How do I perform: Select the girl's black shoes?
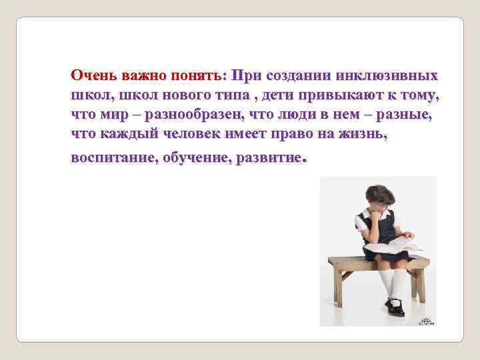(394, 306)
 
